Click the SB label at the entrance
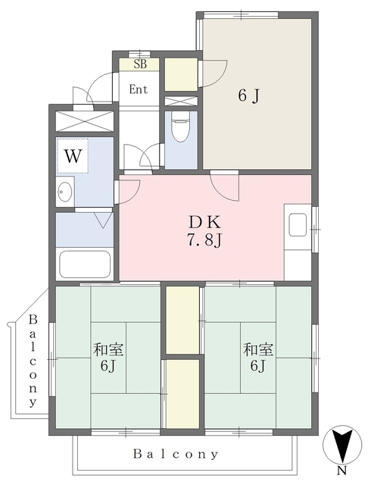[x=140, y=64]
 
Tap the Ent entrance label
[x=139, y=89]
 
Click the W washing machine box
[x=73, y=156]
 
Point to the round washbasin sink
[x=65, y=192]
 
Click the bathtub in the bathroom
[x=85, y=264]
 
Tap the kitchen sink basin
[x=298, y=225]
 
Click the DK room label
[x=204, y=221]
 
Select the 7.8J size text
[x=204, y=240]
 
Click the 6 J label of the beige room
[x=249, y=95]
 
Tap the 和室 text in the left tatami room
[x=108, y=349]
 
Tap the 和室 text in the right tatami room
[x=258, y=349]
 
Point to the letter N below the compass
[x=341, y=471]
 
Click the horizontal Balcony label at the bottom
[x=176, y=454]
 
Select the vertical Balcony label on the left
[x=33, y=361]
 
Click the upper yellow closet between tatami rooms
[x=182, y=320]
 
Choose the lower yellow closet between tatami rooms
[x=182, y=394]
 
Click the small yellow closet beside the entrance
[x=181, y=74]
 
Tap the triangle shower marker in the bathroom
[x=103, y=221]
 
